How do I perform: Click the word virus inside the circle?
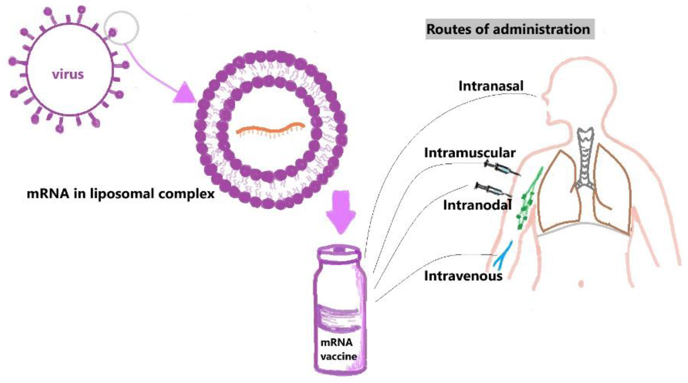coord(68,74)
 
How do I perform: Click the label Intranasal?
coord(491,86)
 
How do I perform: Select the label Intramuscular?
coord(470,153)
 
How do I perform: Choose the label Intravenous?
coord(463,276)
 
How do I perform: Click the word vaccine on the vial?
coord(338,356)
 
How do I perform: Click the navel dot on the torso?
coord(581,283)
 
